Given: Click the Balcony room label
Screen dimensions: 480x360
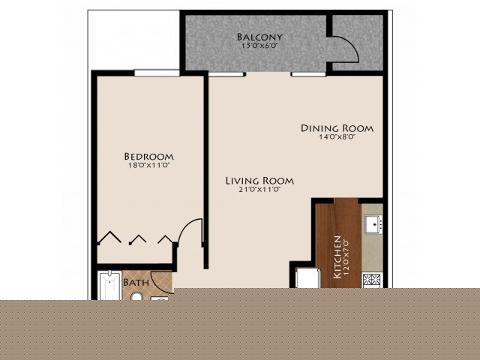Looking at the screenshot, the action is point(259,37).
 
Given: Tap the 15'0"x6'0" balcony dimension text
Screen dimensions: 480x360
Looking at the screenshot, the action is point(259,46).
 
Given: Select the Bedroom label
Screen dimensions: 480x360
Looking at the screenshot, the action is point(148,157).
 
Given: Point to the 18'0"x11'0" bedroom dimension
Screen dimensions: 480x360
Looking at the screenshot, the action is point(148,166).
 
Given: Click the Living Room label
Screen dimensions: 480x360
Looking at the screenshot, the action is point(259,181).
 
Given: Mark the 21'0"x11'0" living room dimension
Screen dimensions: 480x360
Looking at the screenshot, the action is point(259,190).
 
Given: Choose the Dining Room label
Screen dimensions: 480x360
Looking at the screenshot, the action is point(337,128).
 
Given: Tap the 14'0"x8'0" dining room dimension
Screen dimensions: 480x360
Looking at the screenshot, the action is point(337,137).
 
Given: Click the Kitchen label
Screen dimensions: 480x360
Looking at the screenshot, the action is point(337,257).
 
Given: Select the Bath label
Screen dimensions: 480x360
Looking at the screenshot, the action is point(136,282).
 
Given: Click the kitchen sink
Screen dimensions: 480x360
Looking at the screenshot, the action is point(373,224).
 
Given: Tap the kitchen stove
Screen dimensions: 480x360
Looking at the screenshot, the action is point(372,280).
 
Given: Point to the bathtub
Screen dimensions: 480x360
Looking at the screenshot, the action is point(109,286).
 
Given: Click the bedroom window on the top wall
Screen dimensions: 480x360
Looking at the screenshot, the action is point(157,73).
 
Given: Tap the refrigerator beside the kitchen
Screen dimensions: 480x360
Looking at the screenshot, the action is point(307,278).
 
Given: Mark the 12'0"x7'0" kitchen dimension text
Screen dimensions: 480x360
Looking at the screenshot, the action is point(346,257).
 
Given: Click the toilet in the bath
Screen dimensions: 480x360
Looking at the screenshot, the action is point(136,296).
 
